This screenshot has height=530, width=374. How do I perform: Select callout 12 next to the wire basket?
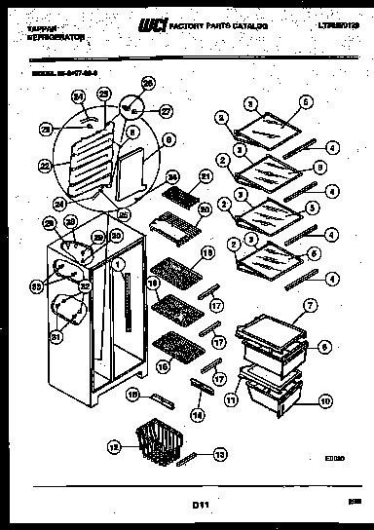[x=113, y=447]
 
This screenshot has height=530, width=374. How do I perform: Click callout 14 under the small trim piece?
[x=201, y=415]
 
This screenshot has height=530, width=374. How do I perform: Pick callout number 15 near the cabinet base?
[x=136, y=397]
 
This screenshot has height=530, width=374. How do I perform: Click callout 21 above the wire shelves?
[x=205, y=175]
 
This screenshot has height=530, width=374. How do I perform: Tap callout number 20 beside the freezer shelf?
[x=205, y=208]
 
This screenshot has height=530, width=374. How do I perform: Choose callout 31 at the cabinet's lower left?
[x=56, y=337]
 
